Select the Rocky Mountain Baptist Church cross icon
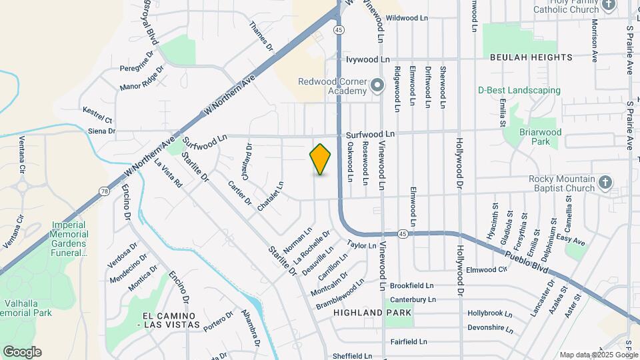tap(605, 183)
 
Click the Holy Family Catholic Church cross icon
tap(608, 5)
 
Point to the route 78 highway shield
tap(105, 191)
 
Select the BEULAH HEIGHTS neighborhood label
tap(531, 58)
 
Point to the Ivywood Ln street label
tap(367, 59)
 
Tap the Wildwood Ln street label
tap(406, 18)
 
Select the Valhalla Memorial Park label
tap(26, 307)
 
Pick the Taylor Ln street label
tap(362, 245)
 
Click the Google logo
tap(22, 352)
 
